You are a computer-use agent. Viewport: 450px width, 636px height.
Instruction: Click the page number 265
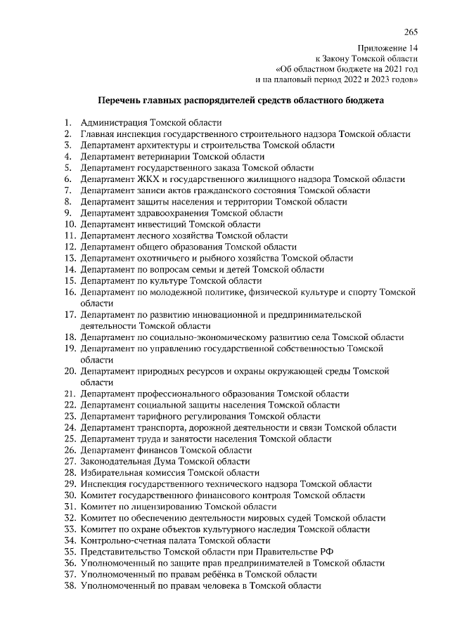point(411,32)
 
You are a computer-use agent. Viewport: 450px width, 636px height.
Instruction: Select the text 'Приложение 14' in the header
point(390,48)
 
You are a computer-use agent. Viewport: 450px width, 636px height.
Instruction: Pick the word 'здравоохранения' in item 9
point(170,213)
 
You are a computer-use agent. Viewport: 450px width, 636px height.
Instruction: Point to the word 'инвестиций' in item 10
point(161,225)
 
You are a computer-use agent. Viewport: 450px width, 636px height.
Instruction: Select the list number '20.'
point(70,371)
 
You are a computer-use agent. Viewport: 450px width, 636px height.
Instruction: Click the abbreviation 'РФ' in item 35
point(325,552)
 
